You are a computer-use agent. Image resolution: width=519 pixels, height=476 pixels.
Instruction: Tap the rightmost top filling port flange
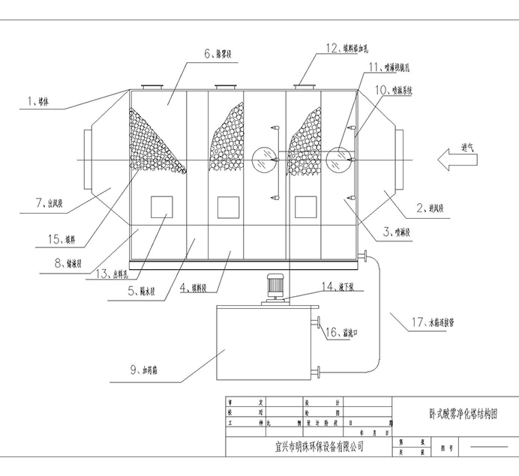pyautogui.click(x=304, y=87)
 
